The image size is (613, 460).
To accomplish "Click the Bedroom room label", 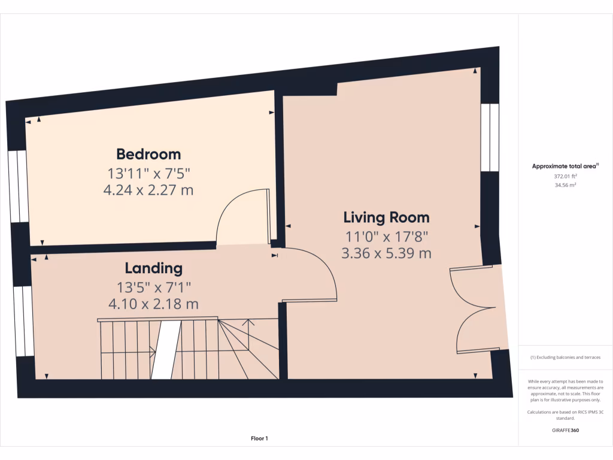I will [148, 154].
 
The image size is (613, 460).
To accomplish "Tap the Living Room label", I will [386, 217].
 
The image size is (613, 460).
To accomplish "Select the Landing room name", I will [153, 268].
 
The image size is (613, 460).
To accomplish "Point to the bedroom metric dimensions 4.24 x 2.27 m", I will [148, 191].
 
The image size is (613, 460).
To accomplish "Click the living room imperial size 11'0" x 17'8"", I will [386, 236].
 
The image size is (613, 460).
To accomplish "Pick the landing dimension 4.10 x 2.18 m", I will [153, 304].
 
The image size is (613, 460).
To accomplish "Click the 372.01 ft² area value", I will [565, 177].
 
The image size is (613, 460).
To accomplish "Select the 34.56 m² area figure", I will [565, 186].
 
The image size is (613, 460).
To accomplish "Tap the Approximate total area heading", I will [565, 167].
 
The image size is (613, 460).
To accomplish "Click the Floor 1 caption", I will [259, 438].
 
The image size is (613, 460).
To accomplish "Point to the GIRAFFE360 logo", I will [565, 430].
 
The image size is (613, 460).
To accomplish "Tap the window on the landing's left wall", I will [23, 320].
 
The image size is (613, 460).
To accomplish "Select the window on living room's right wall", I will [490, 137].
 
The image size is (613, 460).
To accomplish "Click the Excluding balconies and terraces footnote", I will [565, 358].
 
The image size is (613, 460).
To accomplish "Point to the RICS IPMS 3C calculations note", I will [565, 414].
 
